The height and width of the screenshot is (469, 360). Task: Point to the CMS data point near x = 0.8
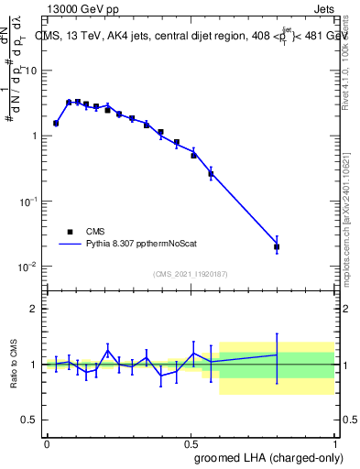(x=277, y=246)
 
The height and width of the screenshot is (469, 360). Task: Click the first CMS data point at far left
(x=56, y=123)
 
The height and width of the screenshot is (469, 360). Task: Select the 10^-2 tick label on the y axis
(x=30, y=267)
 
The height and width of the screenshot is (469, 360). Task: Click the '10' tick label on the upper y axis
(x=32, y=71)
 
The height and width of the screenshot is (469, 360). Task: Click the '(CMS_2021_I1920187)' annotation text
(x=190, y=273)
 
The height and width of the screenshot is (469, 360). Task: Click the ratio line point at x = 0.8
(x=277, y=354)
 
